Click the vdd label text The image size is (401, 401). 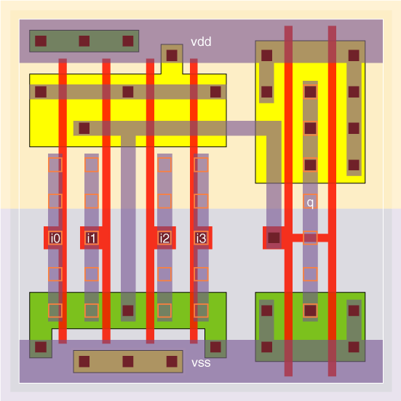201,41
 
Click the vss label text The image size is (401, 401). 201,362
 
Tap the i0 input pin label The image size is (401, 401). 55,238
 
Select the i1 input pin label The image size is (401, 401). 92,238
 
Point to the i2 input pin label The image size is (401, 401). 164,238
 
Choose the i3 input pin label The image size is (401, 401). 201,238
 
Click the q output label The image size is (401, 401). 310,202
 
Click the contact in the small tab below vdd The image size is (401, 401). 172,55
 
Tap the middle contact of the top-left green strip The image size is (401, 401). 84,41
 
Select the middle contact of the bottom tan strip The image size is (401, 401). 128,362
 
